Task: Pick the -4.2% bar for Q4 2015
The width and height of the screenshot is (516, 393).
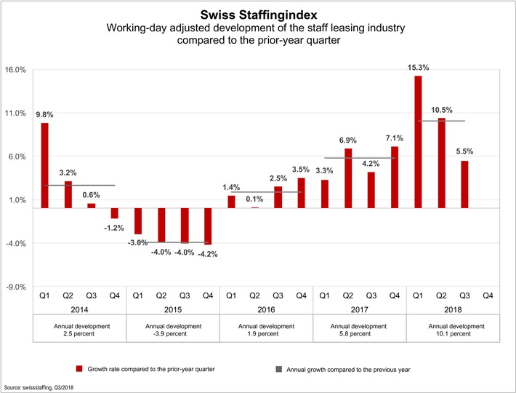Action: pos(208,226)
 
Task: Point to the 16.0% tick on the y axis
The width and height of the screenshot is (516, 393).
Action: pos(16,70)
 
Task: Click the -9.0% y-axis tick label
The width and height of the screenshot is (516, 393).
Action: pos(16,287)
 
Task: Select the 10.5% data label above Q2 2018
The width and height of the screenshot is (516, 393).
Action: pos(441,110)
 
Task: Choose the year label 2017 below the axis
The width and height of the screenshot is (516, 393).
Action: pos(359,309)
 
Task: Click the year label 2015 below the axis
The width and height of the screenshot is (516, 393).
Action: pos(172,309)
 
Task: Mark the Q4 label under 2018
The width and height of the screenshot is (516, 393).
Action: pos(488,295)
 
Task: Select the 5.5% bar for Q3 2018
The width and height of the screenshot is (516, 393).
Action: pos(464,184)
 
